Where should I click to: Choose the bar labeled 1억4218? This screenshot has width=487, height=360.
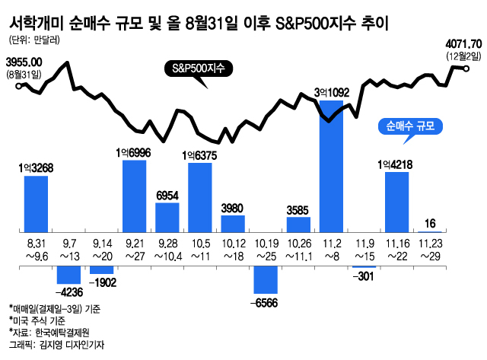pos(396,201)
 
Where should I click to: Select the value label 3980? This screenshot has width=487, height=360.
pos(232,208)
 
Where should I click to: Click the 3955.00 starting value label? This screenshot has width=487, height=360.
pos(24,62)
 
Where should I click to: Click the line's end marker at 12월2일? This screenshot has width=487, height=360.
pos(466,68)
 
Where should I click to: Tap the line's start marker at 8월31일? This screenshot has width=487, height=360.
pos(20,86)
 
